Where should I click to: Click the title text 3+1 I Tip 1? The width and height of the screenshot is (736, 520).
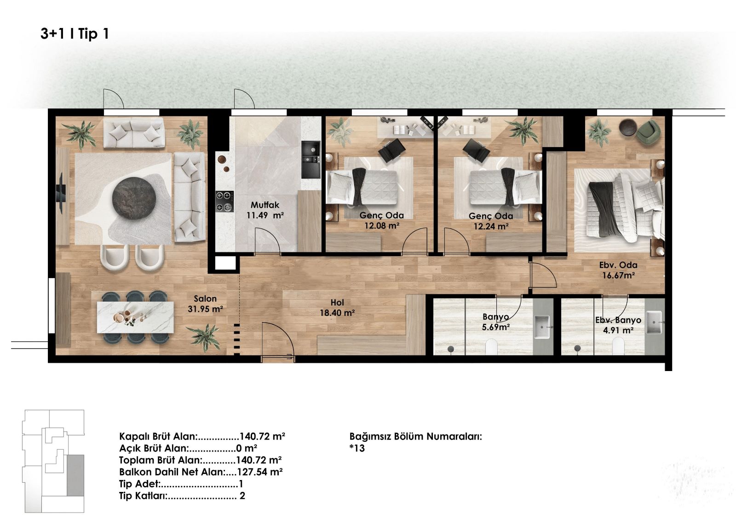75,34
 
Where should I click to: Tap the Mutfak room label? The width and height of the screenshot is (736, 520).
265,205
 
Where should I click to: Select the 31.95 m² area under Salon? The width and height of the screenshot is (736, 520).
205,309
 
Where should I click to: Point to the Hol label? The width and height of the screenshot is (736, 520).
337,303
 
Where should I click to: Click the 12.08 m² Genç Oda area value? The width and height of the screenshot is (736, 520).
382,226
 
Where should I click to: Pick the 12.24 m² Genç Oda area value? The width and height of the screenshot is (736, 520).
491,226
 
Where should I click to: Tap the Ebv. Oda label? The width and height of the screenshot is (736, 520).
618,265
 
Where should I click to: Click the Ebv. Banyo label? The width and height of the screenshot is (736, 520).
618,320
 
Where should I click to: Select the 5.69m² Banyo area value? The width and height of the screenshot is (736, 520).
495,327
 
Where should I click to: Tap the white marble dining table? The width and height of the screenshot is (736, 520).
135,317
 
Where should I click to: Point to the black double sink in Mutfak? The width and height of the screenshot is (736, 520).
310,160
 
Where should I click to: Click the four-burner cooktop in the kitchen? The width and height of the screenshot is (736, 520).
224,201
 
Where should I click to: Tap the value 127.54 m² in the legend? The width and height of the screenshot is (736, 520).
259,472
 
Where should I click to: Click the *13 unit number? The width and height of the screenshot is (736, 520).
357,448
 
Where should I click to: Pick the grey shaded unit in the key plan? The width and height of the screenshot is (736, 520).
75,475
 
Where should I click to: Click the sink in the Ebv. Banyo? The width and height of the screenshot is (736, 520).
654,322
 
